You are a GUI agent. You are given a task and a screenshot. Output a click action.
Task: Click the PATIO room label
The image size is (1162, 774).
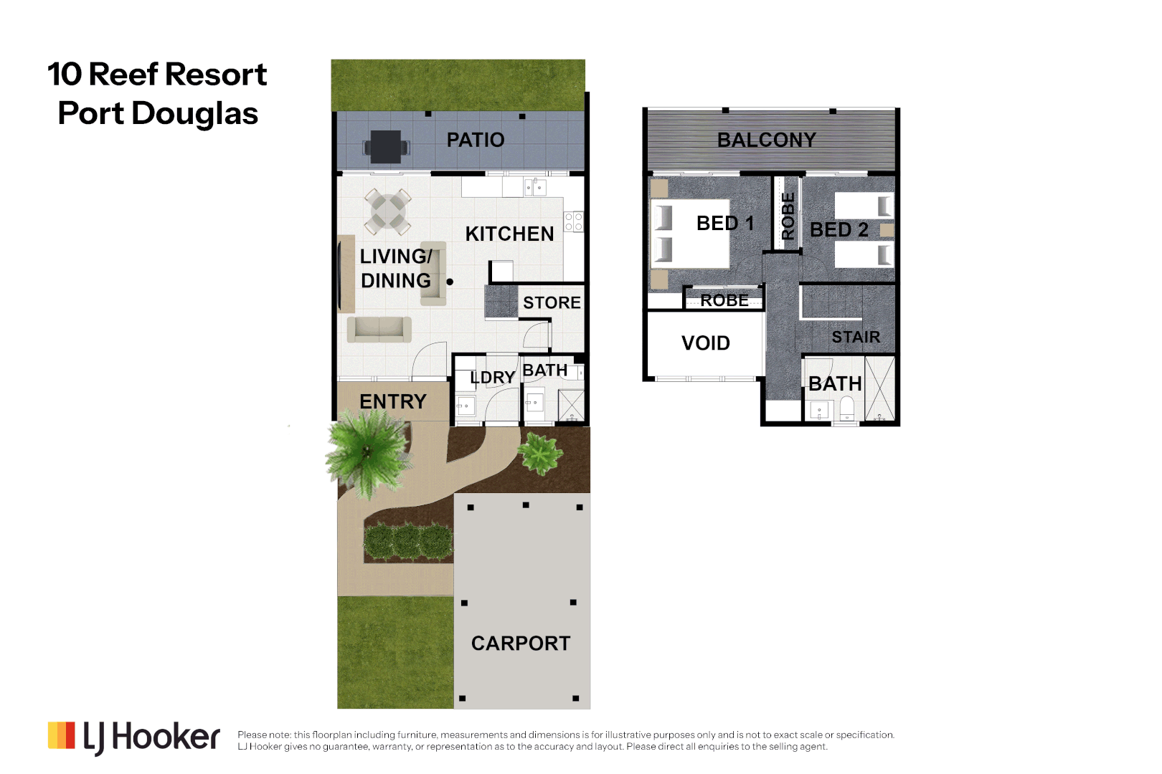coord(476,140)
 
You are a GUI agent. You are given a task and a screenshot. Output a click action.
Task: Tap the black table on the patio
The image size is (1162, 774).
coord(386,146)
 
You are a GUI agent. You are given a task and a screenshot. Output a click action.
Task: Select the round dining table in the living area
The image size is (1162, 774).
coord(388,211)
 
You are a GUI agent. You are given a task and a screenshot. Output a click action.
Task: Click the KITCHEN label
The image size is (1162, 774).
coord(509,234)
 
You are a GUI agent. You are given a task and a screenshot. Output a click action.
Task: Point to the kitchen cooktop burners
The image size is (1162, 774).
coord(573,221)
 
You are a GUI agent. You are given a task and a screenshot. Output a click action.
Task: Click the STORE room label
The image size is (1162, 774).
coord(552,302)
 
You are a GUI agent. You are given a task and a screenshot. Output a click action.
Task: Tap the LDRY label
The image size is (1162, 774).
coord(492,378)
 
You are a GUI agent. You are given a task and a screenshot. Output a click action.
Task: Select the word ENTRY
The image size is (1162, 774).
coord(392,402)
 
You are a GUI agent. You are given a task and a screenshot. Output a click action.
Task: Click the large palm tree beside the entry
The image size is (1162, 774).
coord(368,452)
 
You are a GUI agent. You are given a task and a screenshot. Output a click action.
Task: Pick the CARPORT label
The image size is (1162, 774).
coord(521,644)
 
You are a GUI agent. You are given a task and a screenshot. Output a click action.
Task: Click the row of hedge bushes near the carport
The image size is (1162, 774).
coord(407,541)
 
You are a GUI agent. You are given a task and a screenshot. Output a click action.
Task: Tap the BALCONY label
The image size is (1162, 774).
coord(766,140)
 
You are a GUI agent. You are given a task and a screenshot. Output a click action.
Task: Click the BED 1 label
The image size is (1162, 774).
coord(724,224)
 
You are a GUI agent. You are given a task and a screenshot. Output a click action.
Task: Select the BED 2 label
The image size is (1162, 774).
coord(839,230)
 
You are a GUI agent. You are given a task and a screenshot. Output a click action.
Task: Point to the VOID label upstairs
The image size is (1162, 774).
coord(705,343)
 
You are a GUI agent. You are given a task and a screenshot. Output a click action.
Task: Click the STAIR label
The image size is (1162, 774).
coord(855,337)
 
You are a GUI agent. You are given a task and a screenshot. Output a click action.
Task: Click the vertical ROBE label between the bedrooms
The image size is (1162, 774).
coord(788,216)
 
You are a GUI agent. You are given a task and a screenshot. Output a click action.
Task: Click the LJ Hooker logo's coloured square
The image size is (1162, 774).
coord(61,736)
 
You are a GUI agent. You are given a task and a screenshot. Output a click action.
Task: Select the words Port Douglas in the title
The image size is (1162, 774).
coord(158,113)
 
